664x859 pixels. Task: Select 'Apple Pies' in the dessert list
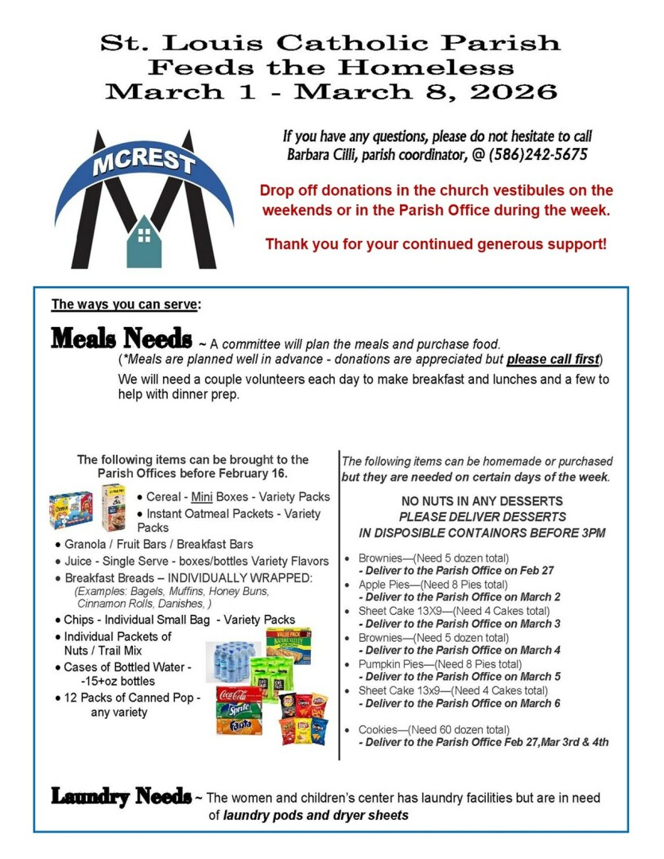pos(376,584)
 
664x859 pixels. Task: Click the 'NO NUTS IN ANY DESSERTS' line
pos(482,501)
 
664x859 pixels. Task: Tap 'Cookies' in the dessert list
pos(378,730)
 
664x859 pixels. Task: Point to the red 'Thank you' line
pos(436,243)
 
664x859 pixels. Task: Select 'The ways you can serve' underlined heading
pos(126,304)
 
